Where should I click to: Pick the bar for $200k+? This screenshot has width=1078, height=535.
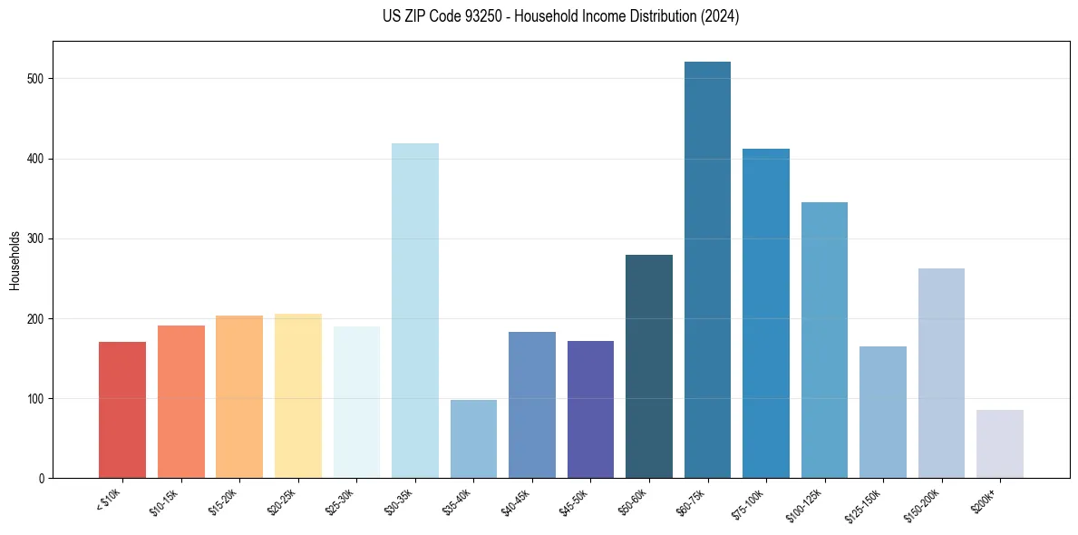pos(1000,444)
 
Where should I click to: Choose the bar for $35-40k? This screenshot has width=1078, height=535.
pos(473,439)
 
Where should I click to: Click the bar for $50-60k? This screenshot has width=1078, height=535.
pos(649,366)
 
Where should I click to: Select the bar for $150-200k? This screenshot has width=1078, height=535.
pos(941,374)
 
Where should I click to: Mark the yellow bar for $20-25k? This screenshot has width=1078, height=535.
pos(297,396)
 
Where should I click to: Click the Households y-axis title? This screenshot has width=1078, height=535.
pos(15,260)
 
